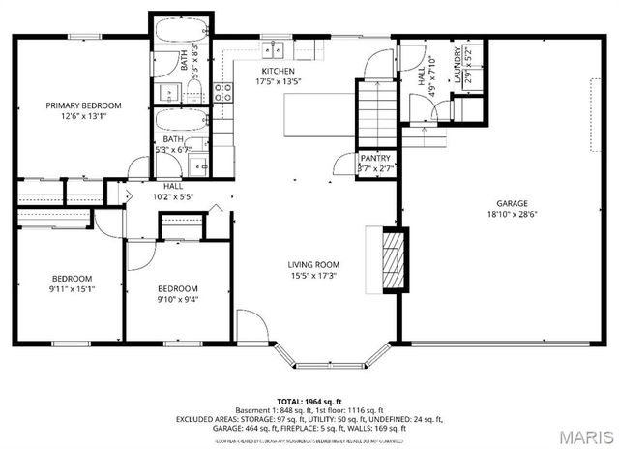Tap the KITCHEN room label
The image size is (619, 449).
point(279,73)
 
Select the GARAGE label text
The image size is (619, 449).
point(512,203)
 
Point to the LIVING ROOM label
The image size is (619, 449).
point(313,264)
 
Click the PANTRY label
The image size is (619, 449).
point(375,158)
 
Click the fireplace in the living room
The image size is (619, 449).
point(391,258)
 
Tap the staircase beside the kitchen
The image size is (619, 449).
point(372,111)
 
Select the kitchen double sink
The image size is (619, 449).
point(275,46)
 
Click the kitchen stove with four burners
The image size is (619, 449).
point(222,93)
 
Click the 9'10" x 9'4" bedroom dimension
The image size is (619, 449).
point(178,299)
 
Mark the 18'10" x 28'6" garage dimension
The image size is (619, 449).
point(512,215)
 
